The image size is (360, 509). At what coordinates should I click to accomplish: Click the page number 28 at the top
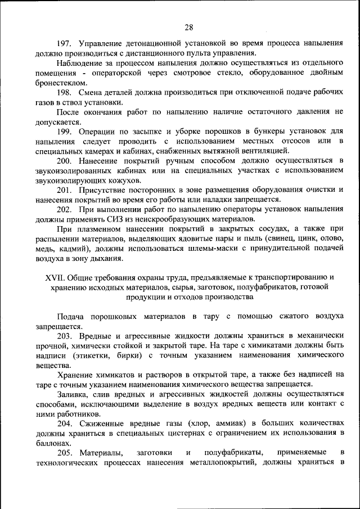click(188, 28)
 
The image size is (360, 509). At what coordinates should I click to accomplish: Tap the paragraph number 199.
click(65, 130)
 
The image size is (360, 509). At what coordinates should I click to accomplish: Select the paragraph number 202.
click(65, 209)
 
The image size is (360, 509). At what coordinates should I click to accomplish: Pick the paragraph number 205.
click(65, 452)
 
